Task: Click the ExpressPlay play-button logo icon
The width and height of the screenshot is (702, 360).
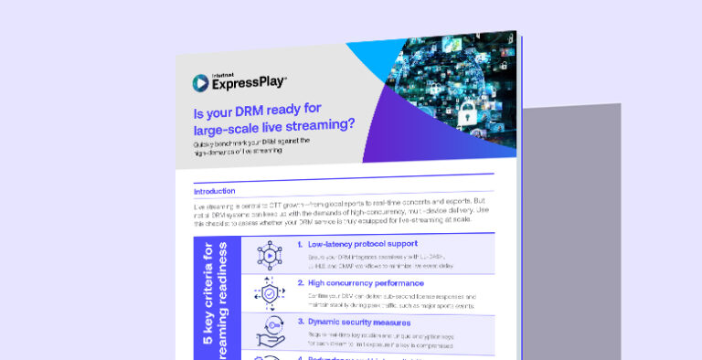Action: click(200, 82)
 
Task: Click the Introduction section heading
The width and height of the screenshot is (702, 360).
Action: click(215, 191)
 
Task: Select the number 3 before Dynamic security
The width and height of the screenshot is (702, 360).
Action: click(300, 322)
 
